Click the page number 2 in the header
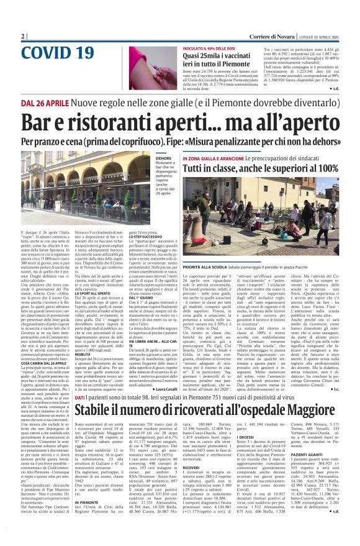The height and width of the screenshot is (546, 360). pyautogui.click(x=23, y=37)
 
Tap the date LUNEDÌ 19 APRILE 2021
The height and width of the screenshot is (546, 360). pyautogui.click(x=320, y=37)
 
